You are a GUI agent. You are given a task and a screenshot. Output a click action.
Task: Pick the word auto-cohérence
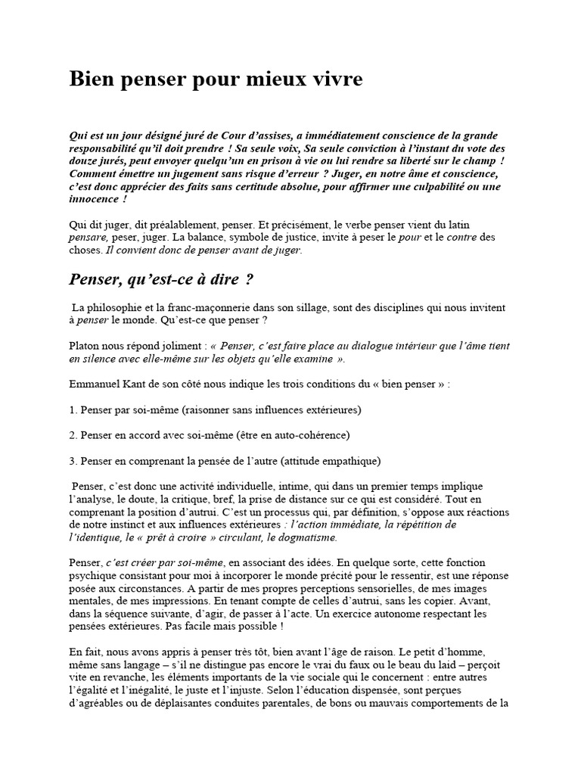pos(312,435)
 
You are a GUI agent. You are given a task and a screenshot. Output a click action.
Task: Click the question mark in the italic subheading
pos(249,279)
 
